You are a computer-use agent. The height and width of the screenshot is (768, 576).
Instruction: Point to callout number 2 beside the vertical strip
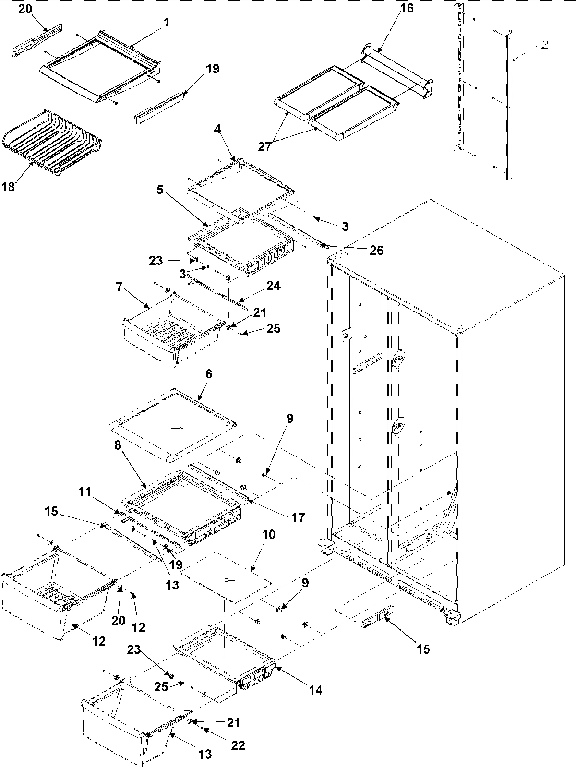click(544, 45)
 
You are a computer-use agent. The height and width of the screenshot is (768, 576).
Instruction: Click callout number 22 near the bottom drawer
click(238, 745)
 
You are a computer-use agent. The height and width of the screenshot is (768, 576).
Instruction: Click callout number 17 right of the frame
click(298, 517)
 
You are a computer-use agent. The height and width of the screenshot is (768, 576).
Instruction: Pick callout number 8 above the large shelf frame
click(119, 445)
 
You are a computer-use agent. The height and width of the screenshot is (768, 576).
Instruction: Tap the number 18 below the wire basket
click(8, 187)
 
